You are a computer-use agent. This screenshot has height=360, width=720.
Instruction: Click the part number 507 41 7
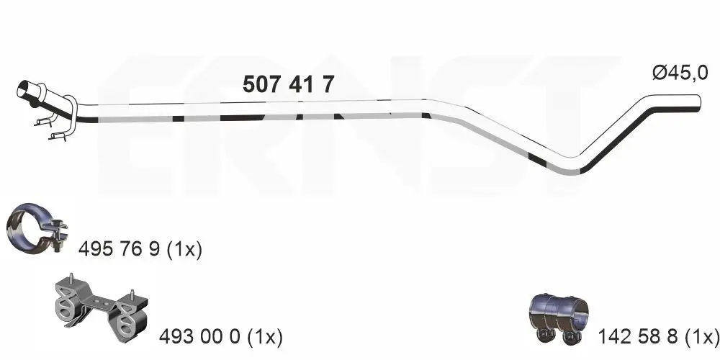click(288, 85)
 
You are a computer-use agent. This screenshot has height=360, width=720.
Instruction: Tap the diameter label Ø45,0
click(680, 72)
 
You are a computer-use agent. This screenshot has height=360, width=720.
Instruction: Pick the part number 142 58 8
click(637, 336)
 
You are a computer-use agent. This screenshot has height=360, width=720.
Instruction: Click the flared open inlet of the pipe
click(24, 91)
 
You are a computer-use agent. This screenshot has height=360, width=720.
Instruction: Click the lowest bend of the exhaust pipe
click(572, 168)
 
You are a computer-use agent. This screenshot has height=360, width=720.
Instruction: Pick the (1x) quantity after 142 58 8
click(701, 336)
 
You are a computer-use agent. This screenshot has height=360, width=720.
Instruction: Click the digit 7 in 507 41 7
click(328, 85)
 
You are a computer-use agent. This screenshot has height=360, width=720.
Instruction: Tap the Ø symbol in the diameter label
click(659, 72)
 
